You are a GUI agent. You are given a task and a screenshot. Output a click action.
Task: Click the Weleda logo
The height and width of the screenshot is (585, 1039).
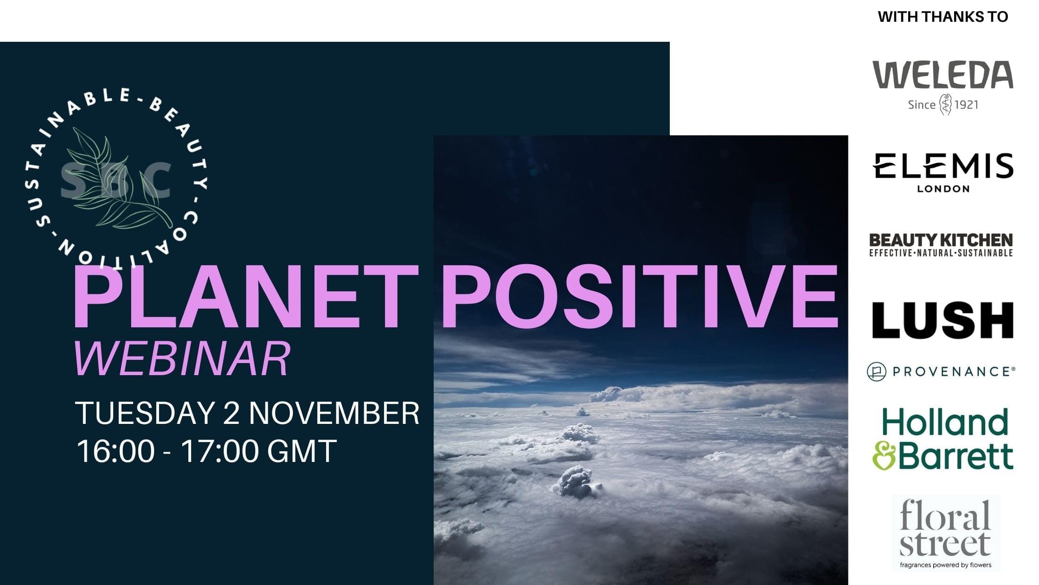coord(943,88)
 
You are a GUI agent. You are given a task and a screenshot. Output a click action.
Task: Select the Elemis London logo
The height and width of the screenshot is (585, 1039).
coord(943,172)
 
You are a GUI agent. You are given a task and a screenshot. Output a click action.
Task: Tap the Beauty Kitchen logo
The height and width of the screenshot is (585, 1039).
coord(941,245)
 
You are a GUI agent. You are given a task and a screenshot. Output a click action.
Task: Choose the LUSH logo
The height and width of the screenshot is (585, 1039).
coord(943,320)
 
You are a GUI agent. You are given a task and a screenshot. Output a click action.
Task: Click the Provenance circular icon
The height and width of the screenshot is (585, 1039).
coord(877,371)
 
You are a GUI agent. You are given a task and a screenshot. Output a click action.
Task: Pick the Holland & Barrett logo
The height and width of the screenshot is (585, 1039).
coord(943,439)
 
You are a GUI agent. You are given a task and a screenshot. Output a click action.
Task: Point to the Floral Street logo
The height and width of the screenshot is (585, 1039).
coord(946,533)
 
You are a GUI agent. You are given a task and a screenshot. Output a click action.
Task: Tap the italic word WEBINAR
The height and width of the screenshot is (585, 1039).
coord(182,358)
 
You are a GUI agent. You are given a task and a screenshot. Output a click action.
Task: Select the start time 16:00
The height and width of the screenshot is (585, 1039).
coord(115,451)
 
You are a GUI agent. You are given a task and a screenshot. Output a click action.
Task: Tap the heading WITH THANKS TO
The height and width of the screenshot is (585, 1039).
coord(943,17)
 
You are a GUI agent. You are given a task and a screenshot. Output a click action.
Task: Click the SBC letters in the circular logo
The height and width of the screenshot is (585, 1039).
coord(116,180)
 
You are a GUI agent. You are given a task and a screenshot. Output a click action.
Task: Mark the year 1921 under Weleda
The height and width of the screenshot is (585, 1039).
coord(967,105)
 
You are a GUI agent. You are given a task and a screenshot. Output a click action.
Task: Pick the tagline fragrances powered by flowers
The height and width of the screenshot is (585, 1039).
coord(946,565)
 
